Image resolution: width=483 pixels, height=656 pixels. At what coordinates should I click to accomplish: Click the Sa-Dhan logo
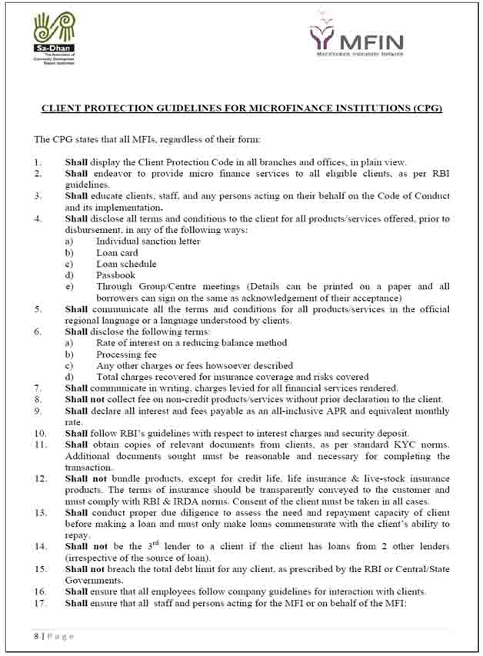tap(54, 34)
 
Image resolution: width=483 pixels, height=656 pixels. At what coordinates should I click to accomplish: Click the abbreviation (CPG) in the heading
tap(426, 108)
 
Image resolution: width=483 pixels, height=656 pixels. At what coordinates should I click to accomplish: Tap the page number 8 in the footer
tap(36, 636)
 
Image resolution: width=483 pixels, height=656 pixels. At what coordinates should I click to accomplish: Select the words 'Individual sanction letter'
tap(148, 241)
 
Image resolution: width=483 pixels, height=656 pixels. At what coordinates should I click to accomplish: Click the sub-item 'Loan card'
tap(117, 252)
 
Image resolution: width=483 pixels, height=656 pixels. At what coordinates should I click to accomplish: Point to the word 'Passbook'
tap(115, 275)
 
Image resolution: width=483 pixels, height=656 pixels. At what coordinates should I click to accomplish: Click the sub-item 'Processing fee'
tap(126, 355)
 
